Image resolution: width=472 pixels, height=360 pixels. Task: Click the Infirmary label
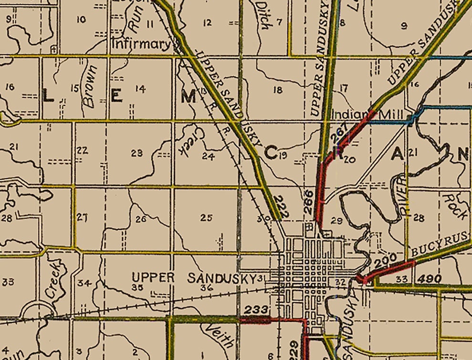tap(141, 45)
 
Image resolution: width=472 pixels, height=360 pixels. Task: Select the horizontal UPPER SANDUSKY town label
tap(194, 278)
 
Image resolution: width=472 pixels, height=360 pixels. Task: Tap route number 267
tap(338, 135)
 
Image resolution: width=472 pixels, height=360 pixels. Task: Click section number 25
tap(206, 218)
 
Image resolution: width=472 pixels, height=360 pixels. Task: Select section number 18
tap(278, 90)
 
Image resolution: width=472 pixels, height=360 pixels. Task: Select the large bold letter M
tap(189, 97)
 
